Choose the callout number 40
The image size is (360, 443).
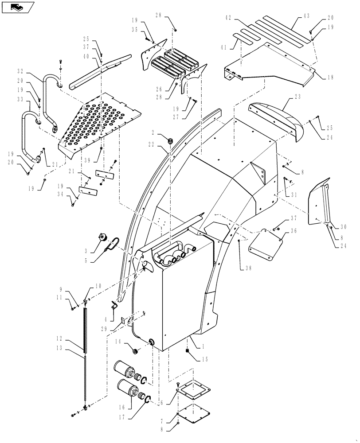(86, 56)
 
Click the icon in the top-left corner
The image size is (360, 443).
(18, 7)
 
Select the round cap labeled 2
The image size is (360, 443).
(170, 140)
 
